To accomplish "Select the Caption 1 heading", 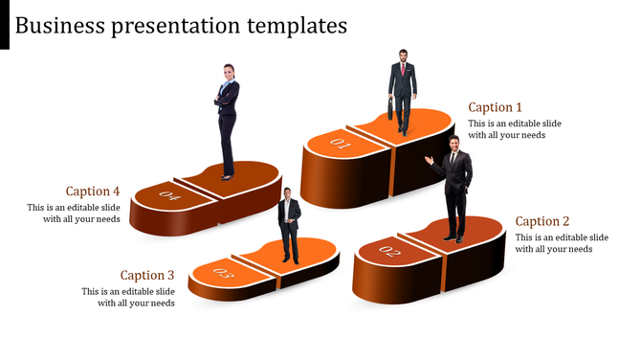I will click(x=496, y=107).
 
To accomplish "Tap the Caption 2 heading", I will click(x=542, y=221).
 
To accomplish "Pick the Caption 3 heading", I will click(x=147, y=275).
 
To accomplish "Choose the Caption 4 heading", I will click(x=93, y=191).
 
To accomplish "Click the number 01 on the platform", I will click(x=341, y=145).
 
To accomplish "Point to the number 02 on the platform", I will click(x=389, y=252).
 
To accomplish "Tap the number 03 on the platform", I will click(x=223, y=275).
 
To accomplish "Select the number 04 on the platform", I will click(x=170, y=197).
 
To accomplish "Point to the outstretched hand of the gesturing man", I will click(x=429, y=159).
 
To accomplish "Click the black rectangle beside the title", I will click(x=5, y=25).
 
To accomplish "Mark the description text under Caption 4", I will click(x=74, y=214).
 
